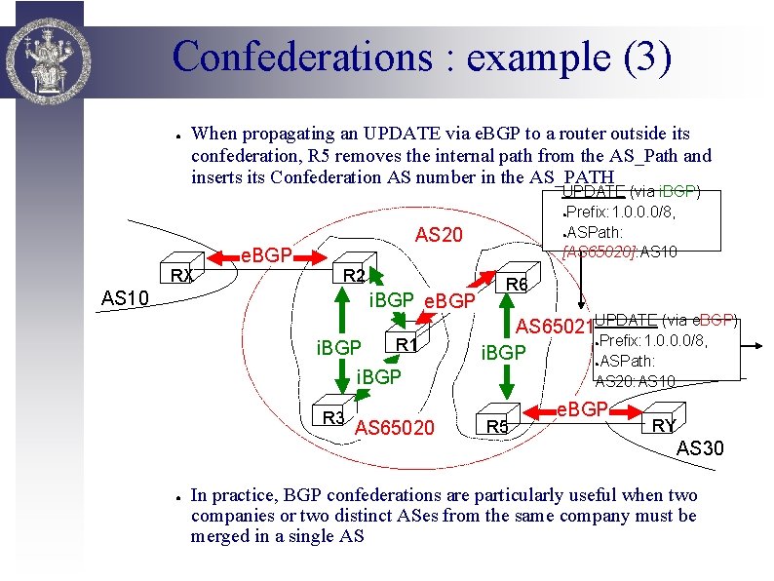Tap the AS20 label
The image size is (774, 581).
point(439,235)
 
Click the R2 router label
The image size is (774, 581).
point(353,275)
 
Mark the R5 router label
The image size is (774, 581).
point(497,425)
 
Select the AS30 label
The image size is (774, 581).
point(700,448)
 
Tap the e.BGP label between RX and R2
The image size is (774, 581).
point(267,255)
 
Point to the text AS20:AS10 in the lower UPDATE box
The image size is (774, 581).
point(636,381)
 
